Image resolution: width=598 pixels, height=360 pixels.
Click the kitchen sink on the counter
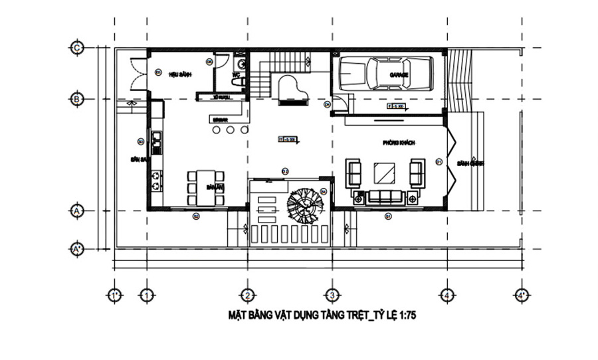(156, 138)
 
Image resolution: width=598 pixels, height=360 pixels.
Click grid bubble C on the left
(77, 48)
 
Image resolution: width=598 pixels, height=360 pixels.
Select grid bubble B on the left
(77, 99)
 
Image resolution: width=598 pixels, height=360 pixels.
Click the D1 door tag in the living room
(439, 161)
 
